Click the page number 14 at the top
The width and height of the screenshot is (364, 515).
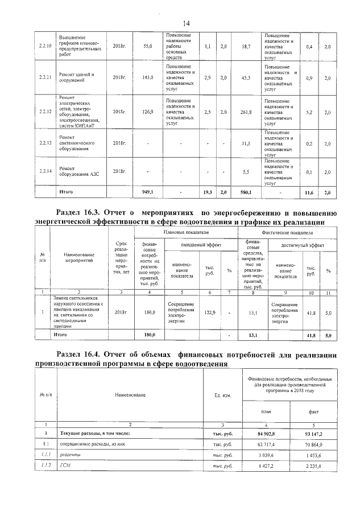186,23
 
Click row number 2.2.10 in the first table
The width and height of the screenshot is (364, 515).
44,46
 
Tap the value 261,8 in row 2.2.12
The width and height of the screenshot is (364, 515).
246,112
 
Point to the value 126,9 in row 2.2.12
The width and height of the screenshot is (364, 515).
148,112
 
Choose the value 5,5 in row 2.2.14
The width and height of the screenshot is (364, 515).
246,171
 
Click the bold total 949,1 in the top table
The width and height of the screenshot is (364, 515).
148,193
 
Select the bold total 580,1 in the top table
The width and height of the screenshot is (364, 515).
246,193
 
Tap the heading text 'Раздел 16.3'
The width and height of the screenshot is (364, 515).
88,211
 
